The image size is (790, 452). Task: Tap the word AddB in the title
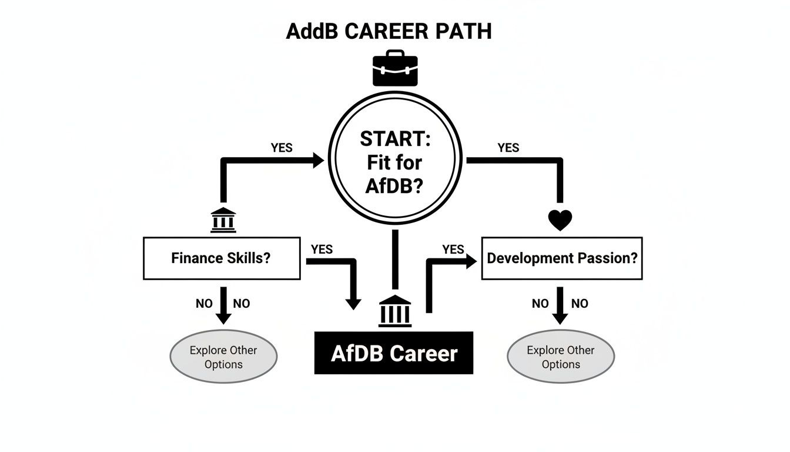(x=312, y=31)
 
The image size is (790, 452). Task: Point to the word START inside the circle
(x=395, y=139)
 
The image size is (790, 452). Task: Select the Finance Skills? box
(x=222, y=258)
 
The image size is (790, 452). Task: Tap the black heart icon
(x=560, y=220)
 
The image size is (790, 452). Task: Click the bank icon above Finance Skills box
(x=223, y=220)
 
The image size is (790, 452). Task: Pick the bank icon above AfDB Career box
(x=395, y=311)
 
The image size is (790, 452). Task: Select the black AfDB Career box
(x=394, y=353)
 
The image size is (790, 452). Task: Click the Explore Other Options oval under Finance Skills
(x=223, y=357)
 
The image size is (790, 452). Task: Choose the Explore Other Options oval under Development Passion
(x=560, y=357)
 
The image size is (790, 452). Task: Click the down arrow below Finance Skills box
(x=223, y=305)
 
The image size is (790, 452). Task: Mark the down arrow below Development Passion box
(x=560, y=305)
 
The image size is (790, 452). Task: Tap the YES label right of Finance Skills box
(x=322, y=250)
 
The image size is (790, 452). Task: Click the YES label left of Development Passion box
(x=453, y=250)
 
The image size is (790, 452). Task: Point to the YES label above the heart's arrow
(x=508, y=148)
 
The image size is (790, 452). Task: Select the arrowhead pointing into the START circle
(x=318, y=159)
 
